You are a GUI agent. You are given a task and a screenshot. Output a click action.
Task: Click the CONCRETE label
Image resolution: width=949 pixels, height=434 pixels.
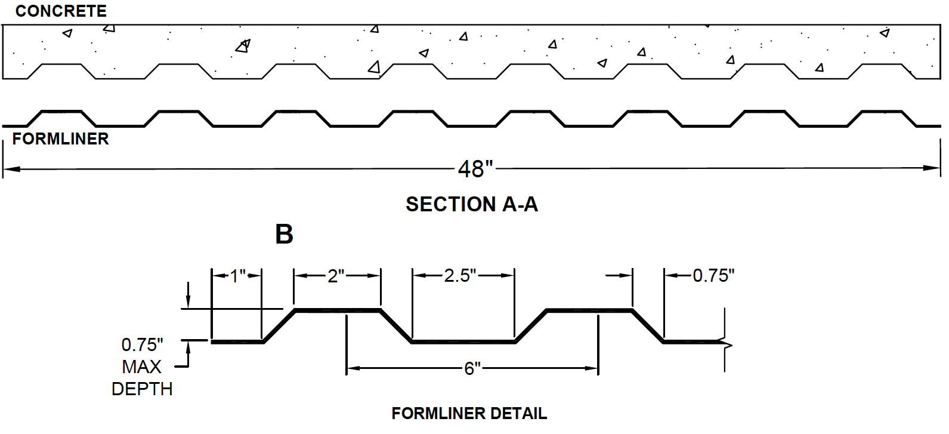pyautogui.click(x=61, y=11)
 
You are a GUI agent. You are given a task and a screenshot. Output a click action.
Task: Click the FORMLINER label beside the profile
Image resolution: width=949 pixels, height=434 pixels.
pyautogui.click(x=60, y=139)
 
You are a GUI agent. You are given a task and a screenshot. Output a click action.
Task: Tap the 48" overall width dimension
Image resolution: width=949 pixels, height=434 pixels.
pyautogui.click(x=475, y=169)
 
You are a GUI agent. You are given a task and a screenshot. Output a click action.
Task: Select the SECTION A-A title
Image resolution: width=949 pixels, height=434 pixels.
pyautogui.click(x=472, y=204)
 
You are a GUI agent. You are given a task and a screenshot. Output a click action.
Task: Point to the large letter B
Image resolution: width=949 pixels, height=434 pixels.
pyautogui.click(x=284, y=234)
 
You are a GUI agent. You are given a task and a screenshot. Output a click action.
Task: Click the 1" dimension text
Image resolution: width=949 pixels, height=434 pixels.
pyautogui.click(x=238, y=276)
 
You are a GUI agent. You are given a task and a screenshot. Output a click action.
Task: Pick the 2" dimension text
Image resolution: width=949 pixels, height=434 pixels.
pyautogui.click(x=336, y=276)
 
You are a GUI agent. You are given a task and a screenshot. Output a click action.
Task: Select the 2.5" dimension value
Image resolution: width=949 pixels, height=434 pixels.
pyautogui.click(x=460, y=275)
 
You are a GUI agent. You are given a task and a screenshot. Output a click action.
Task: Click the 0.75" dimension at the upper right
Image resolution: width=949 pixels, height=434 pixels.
pyautogui.click(x=713, y=275)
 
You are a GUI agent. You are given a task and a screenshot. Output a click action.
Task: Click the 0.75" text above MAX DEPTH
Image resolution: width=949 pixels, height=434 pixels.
pyautogui.click(x=143, y=345)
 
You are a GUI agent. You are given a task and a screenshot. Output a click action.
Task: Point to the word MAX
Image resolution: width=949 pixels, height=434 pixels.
pyautogui.click(x=141, y=367)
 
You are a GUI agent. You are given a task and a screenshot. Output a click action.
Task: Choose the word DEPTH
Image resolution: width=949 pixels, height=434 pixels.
pyautogui.click(x=142, y=389)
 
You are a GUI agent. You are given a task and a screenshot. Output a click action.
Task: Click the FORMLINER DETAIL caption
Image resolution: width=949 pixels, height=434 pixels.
pyautogui.click(x=469, y=413)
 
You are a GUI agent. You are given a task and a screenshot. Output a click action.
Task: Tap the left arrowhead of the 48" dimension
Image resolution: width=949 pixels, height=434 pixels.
pyautogui.click(x=12, y=169)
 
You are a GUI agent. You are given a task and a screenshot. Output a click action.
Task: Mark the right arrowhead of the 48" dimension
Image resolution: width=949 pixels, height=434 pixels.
pyautogui.click(x=932, y=168)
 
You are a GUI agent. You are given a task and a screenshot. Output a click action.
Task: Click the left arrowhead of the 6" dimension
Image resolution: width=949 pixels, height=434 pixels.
pyautogui.click(x=354, y=368)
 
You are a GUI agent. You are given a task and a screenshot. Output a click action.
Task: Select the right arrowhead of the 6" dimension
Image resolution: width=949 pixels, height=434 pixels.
pyautogui.click(x=591, y=368)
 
